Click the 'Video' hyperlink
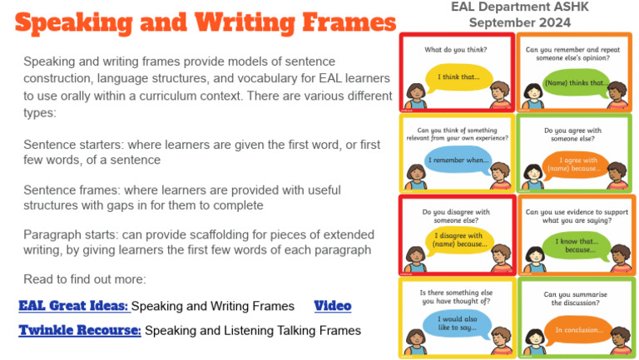pos(333,306)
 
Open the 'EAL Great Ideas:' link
pos(73,306)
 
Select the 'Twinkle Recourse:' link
pos(80,330)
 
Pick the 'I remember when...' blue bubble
pos(457,160)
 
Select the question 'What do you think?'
pos(457,50)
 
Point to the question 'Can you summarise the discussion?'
pos(574,298)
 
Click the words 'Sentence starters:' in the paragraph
pos(70,144)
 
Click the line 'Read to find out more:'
pos(85,279)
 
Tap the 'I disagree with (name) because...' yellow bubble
pos(457,241)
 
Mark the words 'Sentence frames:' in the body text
pos(68,190)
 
